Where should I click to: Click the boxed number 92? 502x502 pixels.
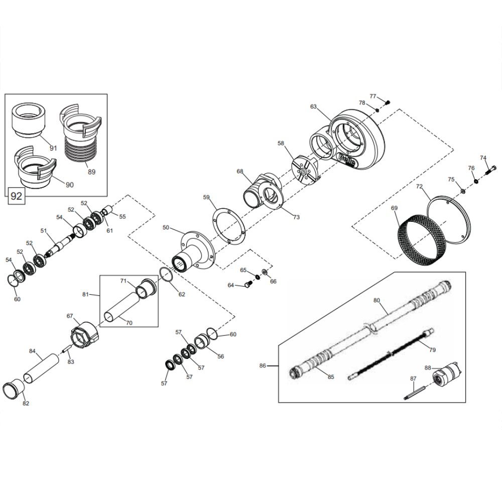click(17, 196)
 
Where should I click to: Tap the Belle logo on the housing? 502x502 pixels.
click(347, 159)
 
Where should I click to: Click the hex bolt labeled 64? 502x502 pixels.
click(248, 284)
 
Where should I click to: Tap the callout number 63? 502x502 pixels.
click(313, 106)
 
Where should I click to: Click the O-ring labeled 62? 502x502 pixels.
click(167, 275)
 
